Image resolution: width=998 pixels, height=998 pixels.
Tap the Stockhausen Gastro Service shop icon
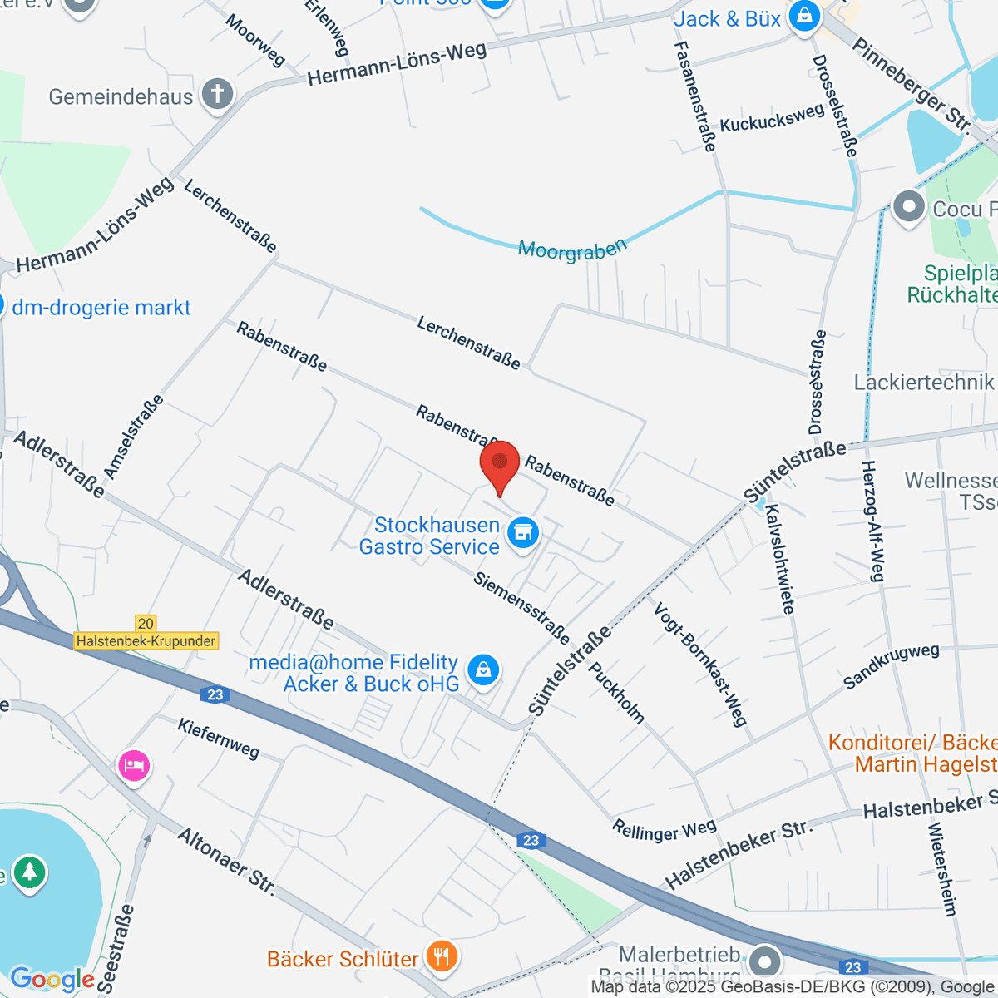pos(523,533)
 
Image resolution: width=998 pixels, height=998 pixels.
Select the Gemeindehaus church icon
pos(218,94)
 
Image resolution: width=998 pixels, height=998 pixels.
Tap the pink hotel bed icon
pos(134,763)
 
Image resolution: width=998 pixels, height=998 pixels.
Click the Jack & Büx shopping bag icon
pos(804,16)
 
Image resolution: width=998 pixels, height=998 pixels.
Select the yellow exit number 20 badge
pos(146,623)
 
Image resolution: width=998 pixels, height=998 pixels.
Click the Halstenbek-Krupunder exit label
pos(146,640)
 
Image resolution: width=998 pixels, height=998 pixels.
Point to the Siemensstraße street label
pos(521,608)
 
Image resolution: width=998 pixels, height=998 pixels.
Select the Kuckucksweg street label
pos(772,119)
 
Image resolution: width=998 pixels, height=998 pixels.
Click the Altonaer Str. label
pos(226,862)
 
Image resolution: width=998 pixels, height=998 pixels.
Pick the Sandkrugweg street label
pos(891,666)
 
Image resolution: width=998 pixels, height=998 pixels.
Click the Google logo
pos(52,980)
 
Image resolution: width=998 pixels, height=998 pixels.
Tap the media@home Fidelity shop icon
pos(483,669)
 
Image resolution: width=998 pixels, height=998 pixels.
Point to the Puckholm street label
pos(616,692)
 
